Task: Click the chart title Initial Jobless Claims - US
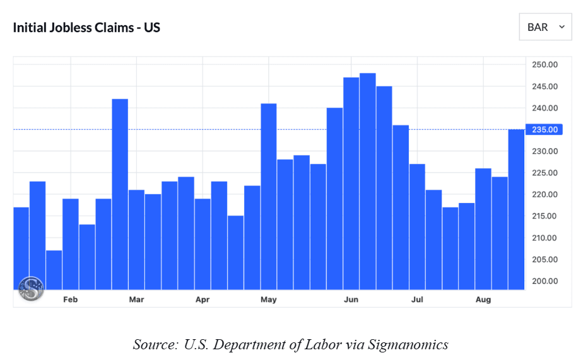(86, 28)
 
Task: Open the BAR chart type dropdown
(545, 27)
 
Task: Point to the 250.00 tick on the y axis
(544, 65)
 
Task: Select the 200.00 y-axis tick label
(544, 281)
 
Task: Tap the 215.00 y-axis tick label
(544, 216)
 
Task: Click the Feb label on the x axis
(70, 299)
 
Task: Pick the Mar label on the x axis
(136, 299)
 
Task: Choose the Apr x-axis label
(203, 299)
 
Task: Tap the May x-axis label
(269, 299)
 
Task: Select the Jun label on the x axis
(351, 299)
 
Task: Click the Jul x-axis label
(417, 299)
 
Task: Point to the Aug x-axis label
(483, 299)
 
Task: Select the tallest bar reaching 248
(368, 183)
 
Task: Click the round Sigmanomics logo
(31, 289)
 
